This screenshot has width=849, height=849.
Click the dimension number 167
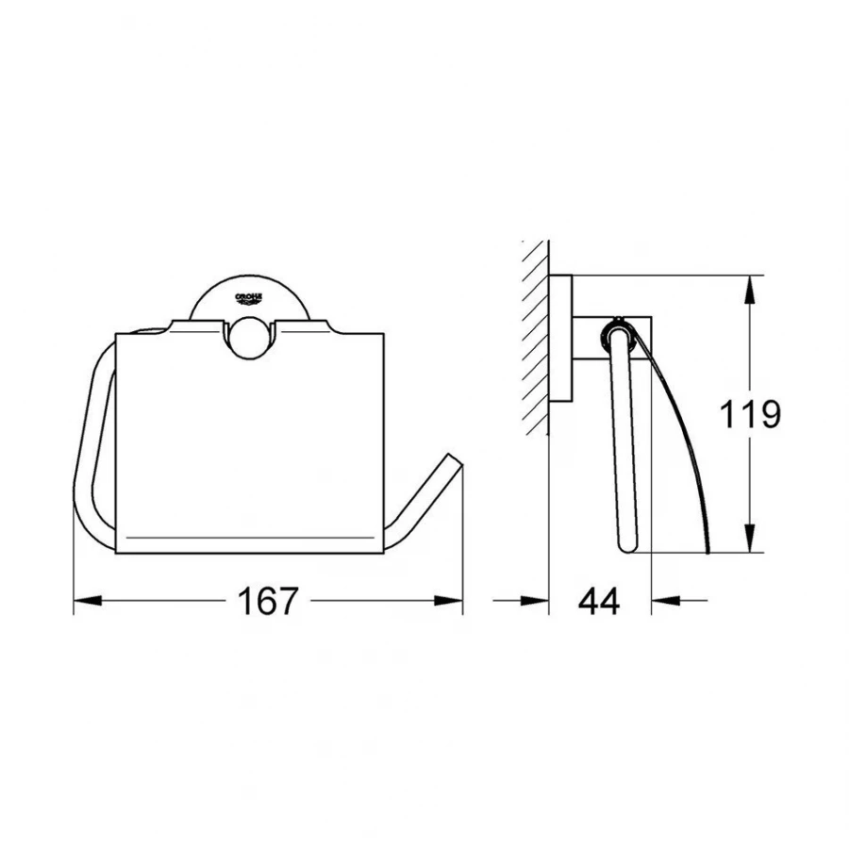coord(268,601)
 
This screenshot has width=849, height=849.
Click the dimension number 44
coord(599,601)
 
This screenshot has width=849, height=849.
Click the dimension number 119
coord(750,414)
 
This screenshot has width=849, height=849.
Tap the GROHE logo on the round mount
coord(248,298)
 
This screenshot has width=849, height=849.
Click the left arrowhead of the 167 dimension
coord(87,601)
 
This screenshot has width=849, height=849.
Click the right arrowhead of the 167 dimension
coord(449,601)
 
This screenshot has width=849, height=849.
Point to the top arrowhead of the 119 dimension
coord(749,291)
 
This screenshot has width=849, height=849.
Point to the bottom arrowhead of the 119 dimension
coord(749,539)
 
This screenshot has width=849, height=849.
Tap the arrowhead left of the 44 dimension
coord(535,601)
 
